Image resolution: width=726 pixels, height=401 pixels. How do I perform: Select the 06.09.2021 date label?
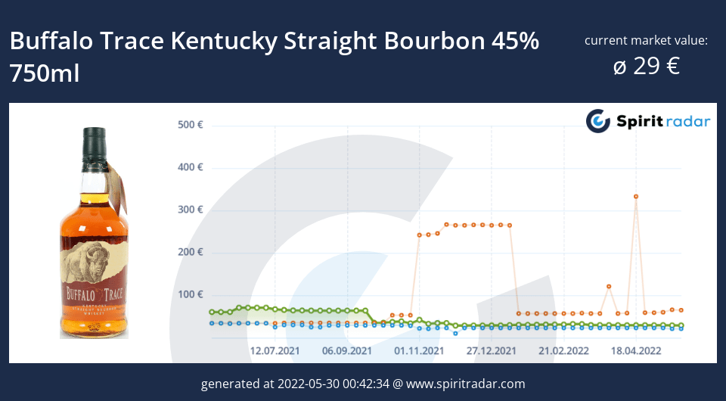tap(347, 351)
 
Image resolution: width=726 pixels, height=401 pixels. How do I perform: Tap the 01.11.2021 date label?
tap(419, 351)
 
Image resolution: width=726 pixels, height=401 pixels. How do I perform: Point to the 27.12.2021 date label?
tap(492, 351)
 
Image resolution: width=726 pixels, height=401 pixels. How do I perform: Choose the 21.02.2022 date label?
tap(563, 351)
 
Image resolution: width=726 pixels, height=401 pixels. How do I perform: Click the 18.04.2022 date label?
tap(636, 351)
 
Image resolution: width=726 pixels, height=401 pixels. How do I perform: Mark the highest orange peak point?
tap(636, 197)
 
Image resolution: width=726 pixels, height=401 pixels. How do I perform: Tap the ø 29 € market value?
tap(646, 67)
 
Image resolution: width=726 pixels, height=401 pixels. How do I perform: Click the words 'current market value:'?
tap(646, 40)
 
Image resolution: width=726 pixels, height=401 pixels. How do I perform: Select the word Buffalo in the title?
tap(53, 41)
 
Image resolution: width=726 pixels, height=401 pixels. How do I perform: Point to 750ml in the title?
tap(45, 73)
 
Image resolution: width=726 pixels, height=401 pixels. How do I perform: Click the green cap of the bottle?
tap(95, 141)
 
